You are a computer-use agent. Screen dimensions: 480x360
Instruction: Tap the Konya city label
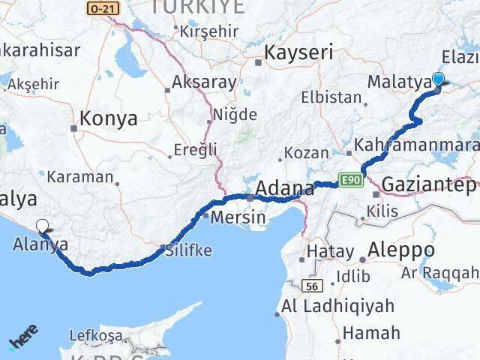[109, 118]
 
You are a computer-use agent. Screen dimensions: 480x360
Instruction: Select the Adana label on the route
[285, 188]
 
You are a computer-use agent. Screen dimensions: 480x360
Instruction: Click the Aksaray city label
[204, 82]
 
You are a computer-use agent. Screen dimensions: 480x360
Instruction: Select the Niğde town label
[234, 115]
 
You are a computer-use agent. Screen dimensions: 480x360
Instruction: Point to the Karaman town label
[81, 178]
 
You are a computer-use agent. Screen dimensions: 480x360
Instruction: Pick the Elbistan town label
[331, 97]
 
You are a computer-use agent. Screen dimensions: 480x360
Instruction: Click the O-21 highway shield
[103, 7]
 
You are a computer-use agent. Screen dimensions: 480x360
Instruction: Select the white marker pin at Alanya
[43, 225]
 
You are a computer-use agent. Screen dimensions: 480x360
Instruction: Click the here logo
[24, 337]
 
